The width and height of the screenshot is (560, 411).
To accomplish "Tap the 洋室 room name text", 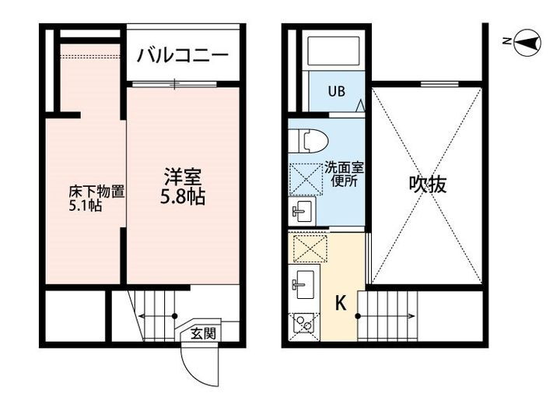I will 184,175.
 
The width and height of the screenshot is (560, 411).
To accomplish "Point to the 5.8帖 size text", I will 184,197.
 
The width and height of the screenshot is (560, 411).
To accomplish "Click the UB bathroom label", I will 335,91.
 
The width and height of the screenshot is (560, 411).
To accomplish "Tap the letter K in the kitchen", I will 341,304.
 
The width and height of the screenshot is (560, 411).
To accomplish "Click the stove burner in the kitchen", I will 302,324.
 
